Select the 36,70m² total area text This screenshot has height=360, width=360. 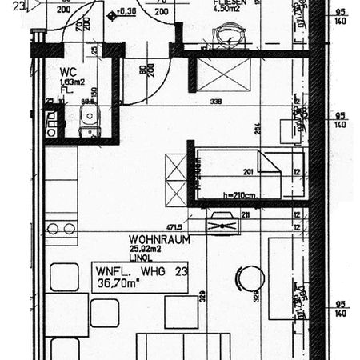(114, 282)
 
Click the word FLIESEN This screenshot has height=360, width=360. (228, 2)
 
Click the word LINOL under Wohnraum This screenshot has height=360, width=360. (142, 258)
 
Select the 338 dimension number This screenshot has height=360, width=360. (215, 102)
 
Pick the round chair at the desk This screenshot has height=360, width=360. (250, 278)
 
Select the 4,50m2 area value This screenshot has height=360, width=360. (228, 10)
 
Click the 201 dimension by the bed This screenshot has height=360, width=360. (247, 170)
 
